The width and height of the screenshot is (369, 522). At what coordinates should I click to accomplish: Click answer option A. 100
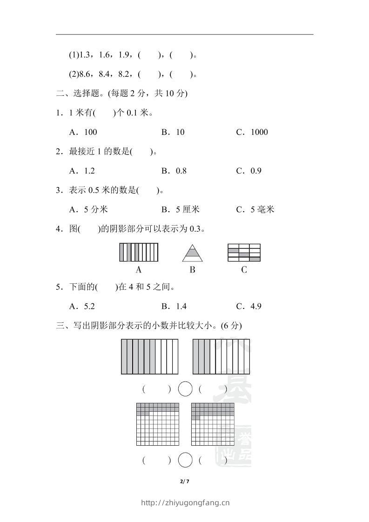(x=83, y=132)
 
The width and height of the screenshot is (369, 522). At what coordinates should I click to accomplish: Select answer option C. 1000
(x=252, y=132)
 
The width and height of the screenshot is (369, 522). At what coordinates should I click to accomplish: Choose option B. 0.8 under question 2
(x=174, y=171)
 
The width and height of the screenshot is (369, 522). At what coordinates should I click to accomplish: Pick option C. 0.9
(x=249, y=171)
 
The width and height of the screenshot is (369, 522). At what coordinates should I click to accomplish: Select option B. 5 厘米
(x=181, y=210)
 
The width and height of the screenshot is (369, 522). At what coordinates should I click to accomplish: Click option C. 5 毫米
(x=255, y=210)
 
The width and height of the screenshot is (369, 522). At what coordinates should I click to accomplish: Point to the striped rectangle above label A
(x=139, y=253)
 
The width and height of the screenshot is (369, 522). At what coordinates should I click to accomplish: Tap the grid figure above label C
(x=244, y=253)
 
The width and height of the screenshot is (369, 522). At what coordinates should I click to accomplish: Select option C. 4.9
(x=249, y=306)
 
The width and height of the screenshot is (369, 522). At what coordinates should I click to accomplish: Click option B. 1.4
(x=174, y=306)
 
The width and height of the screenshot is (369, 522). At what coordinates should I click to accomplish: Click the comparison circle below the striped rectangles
(x=185, y=389)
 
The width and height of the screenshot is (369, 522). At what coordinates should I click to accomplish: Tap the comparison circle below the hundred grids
(x=185, y=461)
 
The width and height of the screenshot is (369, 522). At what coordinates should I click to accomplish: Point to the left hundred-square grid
(x=158, y=424)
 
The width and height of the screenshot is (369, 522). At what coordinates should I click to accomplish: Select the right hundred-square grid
(x=213, y=424)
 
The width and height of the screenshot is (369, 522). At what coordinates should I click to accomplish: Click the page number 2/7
(x=184, y=481)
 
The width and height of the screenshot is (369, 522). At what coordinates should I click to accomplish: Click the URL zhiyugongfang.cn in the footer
(x=185, y=502)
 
